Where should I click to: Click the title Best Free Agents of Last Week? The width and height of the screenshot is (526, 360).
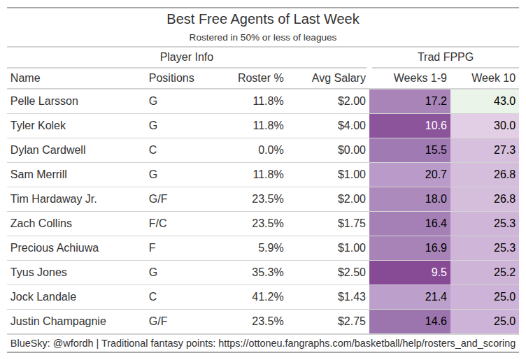(262, 20)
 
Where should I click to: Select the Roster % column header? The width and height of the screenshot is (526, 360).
(260, 78)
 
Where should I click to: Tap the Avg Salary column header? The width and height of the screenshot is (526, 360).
(339, 78)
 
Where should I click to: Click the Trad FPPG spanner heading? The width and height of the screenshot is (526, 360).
(446, 57)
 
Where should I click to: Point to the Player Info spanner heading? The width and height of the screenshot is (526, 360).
(187, 57)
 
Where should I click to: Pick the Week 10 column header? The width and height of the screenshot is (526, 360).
(493, 78)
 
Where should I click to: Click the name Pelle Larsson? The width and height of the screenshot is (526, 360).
(44, 101)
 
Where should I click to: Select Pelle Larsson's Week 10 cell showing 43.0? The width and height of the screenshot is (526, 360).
(504, 101)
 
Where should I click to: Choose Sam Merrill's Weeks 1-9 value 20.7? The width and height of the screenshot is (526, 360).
(436, 174)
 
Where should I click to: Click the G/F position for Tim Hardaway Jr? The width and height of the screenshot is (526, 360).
(158, 199)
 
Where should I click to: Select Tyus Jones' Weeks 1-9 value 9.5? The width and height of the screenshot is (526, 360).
(439, 272)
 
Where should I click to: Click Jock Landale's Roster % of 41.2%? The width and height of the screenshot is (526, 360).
(268, 296)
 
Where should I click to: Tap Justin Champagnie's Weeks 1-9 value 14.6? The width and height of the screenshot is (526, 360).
(436, 321)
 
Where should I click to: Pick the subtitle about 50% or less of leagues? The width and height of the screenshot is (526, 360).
(262, 37)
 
